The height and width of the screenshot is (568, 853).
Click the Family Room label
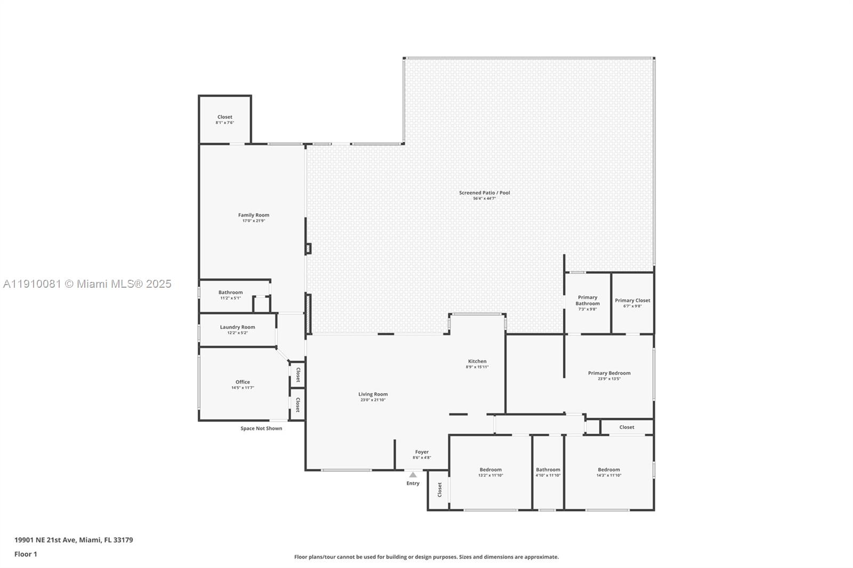[x=254, y=215]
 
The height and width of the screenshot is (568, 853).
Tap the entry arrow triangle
[x=413, y=475]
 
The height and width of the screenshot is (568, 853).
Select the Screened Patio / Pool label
[x=484, y=192]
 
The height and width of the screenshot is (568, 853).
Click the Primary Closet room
[x=632, y=303]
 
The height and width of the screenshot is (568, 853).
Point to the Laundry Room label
[x=237, y=327]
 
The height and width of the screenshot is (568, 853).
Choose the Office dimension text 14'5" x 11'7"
[x=243, y=388]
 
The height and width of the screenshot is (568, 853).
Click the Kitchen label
[x=477, y=361]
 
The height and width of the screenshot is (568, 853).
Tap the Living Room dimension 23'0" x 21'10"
[x=373, y=400]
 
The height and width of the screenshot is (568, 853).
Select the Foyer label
[x=422, y=452]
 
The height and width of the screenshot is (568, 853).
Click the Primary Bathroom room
[x=587, y=303]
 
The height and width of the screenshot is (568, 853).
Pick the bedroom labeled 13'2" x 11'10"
[x=490, y=472]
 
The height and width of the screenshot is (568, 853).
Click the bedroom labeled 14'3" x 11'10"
[x=609, y=472]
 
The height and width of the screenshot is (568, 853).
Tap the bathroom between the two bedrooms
[x=548, y=472]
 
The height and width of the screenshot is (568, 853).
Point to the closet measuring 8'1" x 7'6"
[x=224, y=119]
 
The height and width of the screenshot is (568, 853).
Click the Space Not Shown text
[x=261, y=428]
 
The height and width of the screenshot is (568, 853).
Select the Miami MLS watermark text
[x=87, y=284]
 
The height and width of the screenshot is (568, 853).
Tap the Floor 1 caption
[x=26, y=554]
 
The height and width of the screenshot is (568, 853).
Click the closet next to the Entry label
[x=439, y=489]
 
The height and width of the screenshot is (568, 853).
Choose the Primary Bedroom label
[x=609, y=373]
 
